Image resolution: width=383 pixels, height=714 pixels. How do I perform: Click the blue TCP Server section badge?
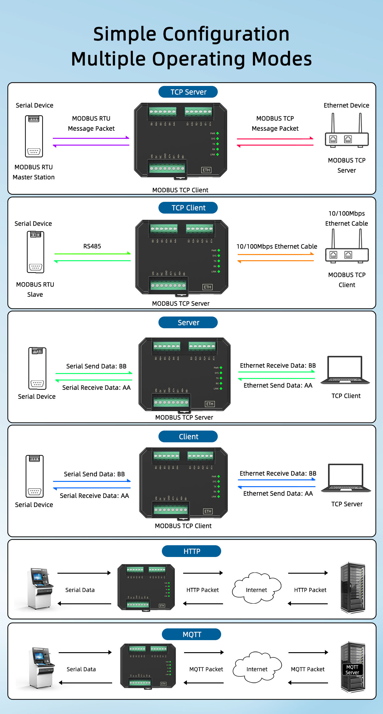[188, 92]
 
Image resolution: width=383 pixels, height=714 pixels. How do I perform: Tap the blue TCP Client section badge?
[188, 208]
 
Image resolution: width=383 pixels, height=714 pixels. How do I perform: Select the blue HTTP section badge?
[192, 551]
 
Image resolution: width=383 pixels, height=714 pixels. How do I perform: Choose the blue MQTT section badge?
[192, 634]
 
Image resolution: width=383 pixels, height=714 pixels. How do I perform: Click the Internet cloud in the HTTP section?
[257, 589]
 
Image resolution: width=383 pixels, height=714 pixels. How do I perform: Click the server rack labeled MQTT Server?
[353, 667]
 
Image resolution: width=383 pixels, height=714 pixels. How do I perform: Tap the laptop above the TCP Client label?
[345, 370]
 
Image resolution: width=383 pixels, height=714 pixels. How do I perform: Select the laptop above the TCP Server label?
[346, 478]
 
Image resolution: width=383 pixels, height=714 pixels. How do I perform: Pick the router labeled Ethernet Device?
[347, 131]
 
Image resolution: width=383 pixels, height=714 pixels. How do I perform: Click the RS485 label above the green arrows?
[92, 246]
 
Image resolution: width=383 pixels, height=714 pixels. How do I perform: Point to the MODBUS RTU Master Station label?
[34, 172]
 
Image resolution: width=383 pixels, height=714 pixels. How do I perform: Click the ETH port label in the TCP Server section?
[206, 170]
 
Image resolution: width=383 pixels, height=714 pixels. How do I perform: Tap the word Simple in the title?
[125, 34]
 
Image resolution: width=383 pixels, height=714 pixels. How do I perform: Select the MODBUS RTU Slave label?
[35, 289]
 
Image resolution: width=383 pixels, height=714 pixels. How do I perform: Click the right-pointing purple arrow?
[91, 138]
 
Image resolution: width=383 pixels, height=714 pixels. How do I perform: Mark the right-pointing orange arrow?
[276, 254]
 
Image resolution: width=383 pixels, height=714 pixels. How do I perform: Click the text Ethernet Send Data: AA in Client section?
[278, 494]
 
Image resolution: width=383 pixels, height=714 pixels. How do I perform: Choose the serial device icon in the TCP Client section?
[36, 252]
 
